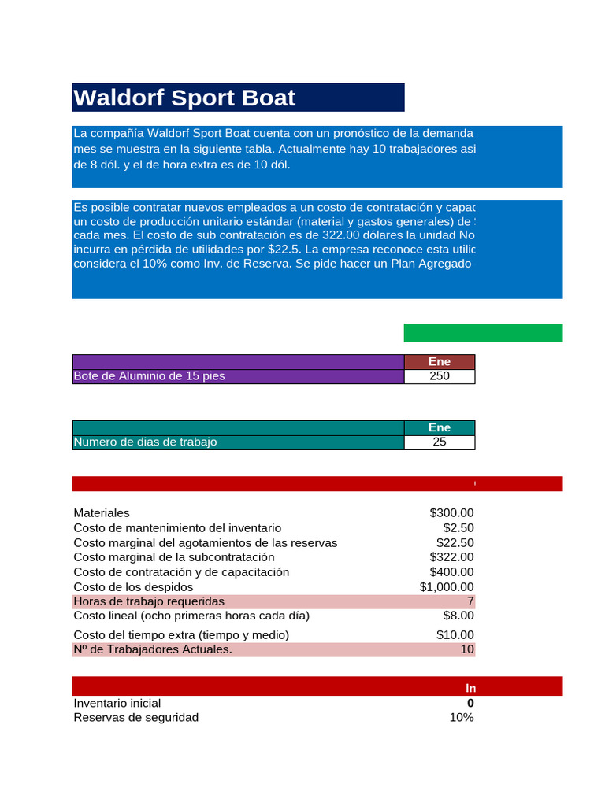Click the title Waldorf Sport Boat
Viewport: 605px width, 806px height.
point(184,98)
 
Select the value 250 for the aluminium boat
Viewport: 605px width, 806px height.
point(440,376)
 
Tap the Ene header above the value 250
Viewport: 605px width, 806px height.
point(440,361)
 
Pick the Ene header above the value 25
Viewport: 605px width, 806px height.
point(440,427)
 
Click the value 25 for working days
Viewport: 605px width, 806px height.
point(440,442)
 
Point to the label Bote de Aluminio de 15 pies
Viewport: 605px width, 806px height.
point(149,376)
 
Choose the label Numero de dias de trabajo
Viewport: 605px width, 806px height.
point(145,442)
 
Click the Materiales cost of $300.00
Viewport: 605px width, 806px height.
point(451,513)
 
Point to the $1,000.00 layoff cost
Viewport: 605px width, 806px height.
point(447,587)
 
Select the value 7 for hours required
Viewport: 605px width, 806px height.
point(470,601)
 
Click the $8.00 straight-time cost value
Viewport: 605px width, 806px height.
point(458,616)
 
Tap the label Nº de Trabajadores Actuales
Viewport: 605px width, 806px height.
point(153,649)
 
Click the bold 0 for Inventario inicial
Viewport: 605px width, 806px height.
point(470,703)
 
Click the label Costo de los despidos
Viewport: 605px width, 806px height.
point(133,587)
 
